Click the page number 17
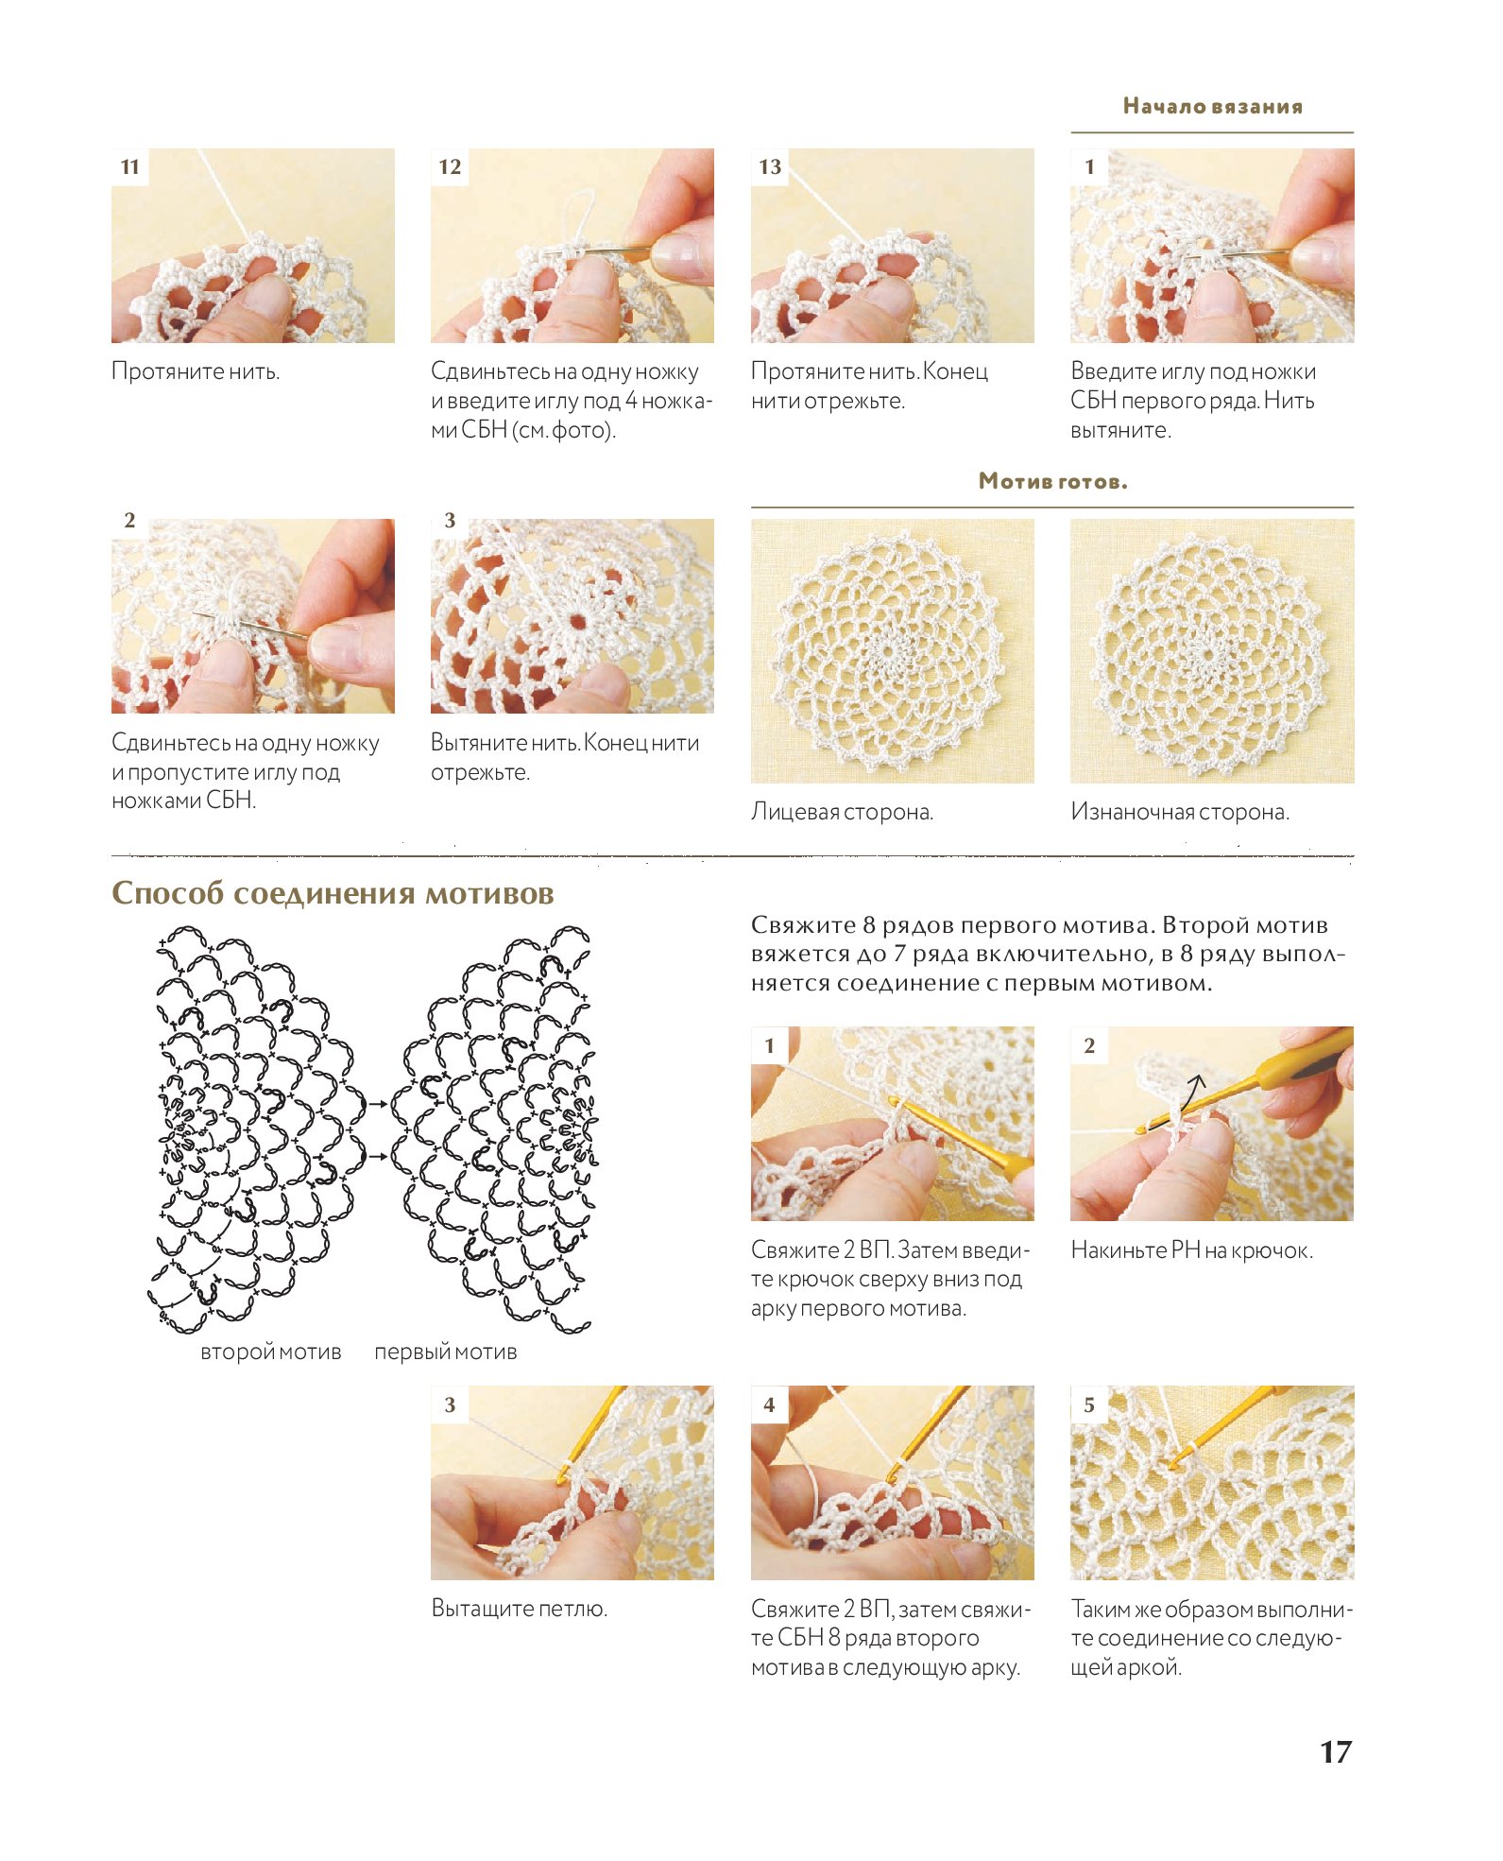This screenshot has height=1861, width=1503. click(x=1335, y=1751)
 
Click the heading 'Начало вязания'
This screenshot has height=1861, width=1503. click(x=1212, y=106)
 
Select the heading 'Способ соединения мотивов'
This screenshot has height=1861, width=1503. click(x=333, y=894)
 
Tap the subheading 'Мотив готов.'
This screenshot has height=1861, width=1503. click(x=1052, y=481)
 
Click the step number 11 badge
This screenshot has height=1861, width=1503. click(x=130, y=167)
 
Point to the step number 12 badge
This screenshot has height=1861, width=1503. click(x=450, y=167)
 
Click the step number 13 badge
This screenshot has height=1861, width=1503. click(x=770, y=167)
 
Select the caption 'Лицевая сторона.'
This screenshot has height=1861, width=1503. click(x=842, y=812)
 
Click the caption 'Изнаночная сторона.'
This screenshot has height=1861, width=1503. click(x=1180, y=812)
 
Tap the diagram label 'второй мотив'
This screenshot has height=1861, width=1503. click(x=271, y=1352)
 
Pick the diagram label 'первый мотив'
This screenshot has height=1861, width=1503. click(x=446, y=1352)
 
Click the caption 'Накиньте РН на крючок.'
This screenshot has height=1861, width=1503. click(x=1191, y=1250)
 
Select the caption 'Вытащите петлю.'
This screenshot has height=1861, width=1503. click(x=519, y=1608)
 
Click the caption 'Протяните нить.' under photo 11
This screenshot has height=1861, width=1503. click(x=196, y=370)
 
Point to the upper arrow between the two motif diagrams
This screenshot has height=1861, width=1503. click(x=377, y=1104)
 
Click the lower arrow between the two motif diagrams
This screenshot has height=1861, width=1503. click(x=377, y=1157)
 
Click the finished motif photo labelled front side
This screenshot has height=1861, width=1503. click(x=892, y=650)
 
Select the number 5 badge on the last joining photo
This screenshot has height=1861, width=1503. click(x=1089, y=1405)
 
